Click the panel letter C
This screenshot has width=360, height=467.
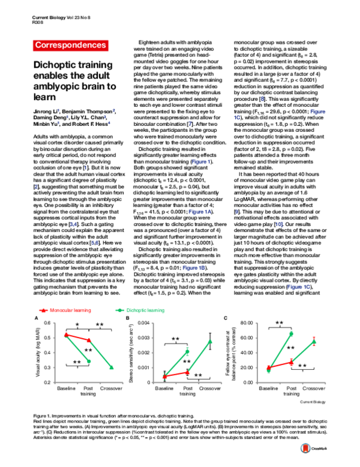(x=225, y=318)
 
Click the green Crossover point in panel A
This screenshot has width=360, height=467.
(x=111, y=367)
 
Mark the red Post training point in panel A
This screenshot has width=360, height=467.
(x=89, y=340)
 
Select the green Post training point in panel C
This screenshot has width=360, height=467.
(x=291, y=333)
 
